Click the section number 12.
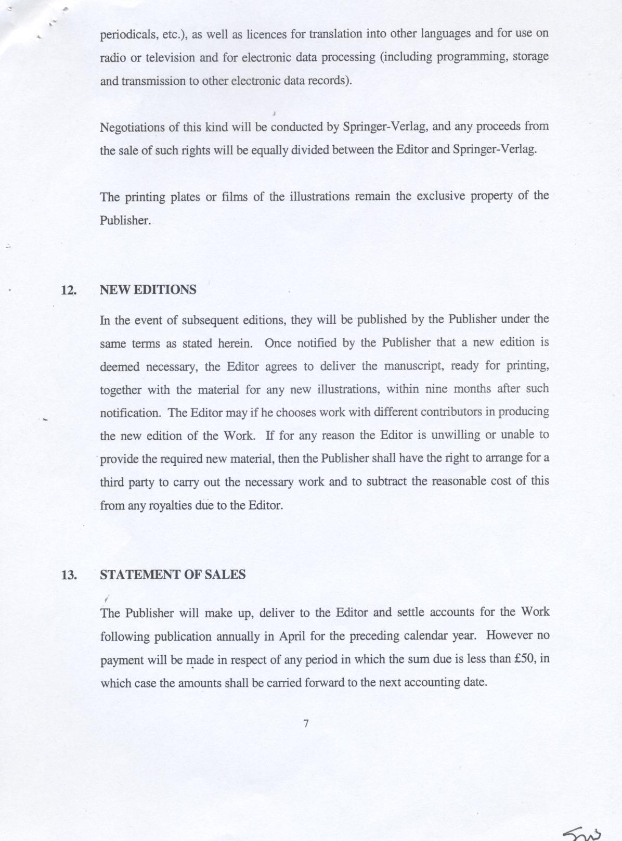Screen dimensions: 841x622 tap(69, 290)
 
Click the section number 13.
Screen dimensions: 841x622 tap(69, 575)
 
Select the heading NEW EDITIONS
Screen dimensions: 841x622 tap(148, 290)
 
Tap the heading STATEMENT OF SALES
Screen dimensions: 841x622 tap(173, 575)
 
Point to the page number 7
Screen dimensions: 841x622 tap(306, 723)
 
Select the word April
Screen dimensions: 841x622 tap(292, 636)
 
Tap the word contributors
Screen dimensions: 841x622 tap(451, 412)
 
